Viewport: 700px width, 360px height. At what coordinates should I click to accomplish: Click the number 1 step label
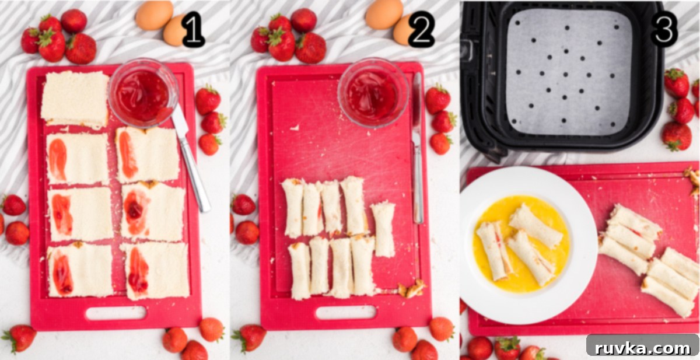click(193, 30)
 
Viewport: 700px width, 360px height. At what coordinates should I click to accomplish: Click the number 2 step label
click(421, 30)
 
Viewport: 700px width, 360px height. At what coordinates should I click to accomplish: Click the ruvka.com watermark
click(643, 348)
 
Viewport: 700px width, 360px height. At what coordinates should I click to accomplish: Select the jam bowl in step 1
click(143, 93)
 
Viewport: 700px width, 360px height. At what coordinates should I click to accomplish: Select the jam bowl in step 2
click(373, 93)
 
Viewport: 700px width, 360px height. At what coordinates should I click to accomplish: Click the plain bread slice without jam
click(75, 99)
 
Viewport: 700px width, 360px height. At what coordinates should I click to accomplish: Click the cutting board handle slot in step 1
click(116, 313)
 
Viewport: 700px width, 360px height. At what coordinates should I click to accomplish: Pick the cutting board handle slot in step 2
click(346, 312)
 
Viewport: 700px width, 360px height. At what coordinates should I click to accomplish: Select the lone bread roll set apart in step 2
click(383, 230)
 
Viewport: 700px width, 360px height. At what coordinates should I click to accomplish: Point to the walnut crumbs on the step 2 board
click(411, 289)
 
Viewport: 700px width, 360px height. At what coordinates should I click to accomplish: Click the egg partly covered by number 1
click(174, 30)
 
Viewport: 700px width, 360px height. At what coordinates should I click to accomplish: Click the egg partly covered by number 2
click(403, 30)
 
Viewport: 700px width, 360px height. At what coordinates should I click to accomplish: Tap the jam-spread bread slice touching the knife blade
click(148, 155)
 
